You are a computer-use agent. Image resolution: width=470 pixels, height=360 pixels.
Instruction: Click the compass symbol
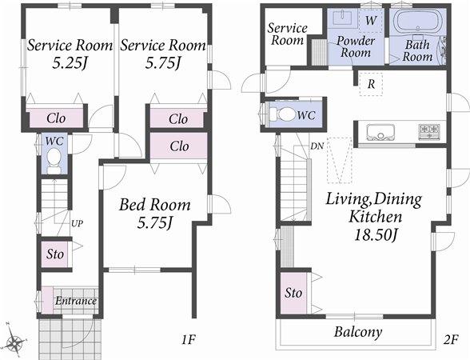[14, 343]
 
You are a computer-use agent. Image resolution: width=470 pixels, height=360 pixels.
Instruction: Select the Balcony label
[358, 332]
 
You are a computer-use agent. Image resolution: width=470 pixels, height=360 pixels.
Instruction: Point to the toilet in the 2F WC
[283, 114]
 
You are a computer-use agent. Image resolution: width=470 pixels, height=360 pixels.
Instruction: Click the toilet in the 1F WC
[53, 165]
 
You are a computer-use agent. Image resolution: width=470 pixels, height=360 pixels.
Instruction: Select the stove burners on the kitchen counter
[428, 130]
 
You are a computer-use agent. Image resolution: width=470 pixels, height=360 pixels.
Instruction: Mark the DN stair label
[317, 146]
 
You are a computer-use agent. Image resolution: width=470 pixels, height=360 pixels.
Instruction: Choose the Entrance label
[76, 302]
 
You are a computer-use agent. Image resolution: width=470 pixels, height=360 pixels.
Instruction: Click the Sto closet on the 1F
[54, 254]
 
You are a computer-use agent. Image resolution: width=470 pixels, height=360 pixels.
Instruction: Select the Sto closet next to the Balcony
[293, 293]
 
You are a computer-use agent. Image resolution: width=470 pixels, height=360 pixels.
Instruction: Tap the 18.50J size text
[372, 235]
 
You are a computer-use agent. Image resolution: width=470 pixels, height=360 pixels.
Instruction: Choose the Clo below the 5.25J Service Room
[55, 118]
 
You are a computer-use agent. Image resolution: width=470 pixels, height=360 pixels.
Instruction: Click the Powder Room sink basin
[346, 18]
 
